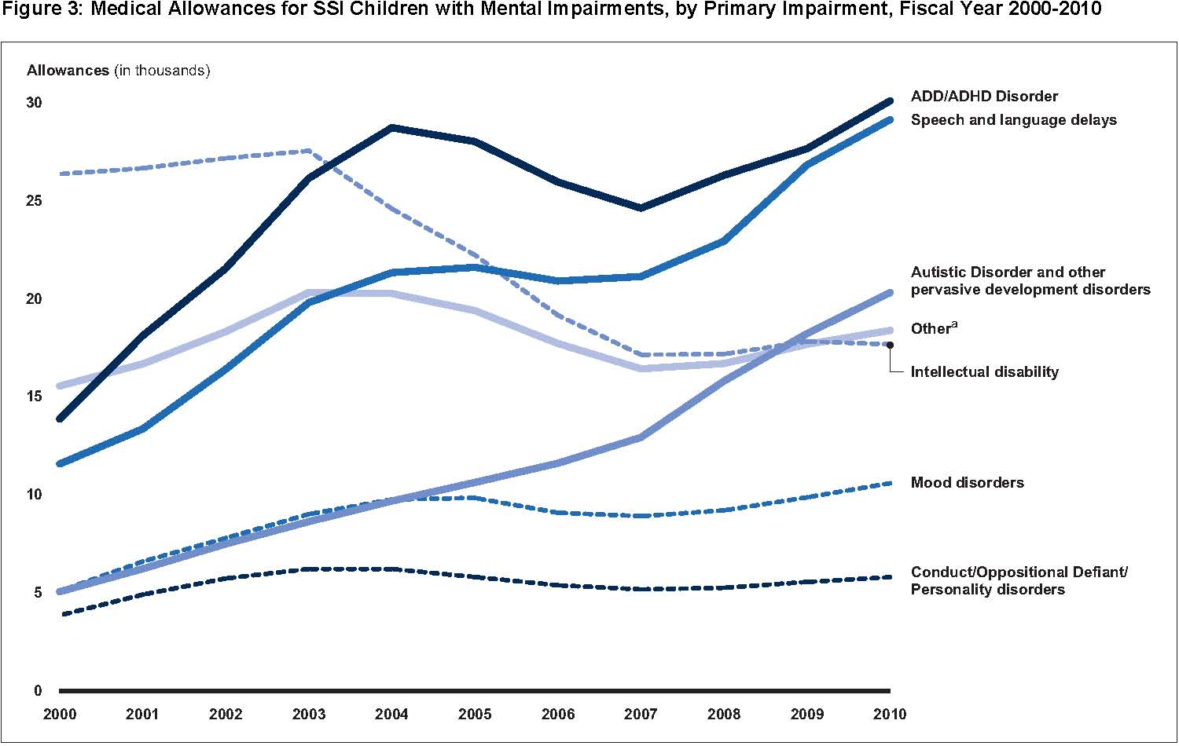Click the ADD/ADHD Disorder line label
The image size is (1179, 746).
point(984,97)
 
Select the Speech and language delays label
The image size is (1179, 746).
point(1013,120)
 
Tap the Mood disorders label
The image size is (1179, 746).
point(967,483)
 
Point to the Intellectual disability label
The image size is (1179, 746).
point(984,372)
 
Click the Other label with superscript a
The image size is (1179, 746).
point(934,328)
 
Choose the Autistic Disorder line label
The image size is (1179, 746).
point(1030,281)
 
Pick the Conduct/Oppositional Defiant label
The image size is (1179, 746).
point(1019,581)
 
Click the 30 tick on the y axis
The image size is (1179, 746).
point(35,103)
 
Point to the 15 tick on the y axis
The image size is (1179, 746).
point(35,397)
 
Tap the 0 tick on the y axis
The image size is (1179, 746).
point(38,691)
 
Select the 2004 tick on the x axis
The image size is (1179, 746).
point(391,715)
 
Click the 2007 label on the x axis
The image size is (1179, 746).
point(641,715)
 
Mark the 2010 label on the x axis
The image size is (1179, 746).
point(890,715)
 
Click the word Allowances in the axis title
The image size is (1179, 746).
point(68,71)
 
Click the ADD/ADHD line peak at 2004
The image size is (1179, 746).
point(391,127)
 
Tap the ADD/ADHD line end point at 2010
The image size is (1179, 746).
point(890,101)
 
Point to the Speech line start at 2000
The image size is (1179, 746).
point(60,464)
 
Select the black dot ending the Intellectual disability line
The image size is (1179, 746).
point(890,345)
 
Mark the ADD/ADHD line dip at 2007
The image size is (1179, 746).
point(641,208)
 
